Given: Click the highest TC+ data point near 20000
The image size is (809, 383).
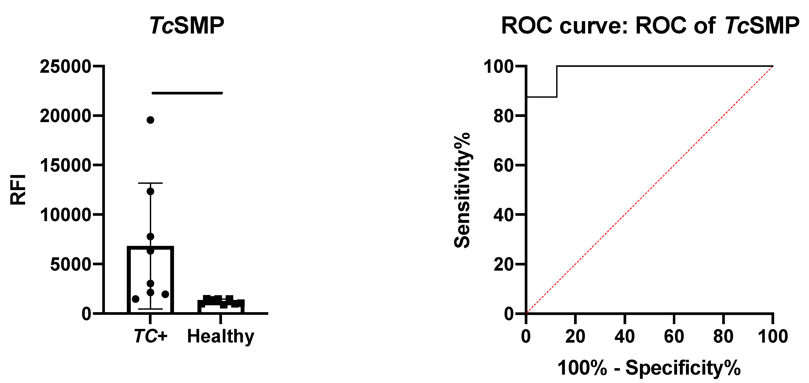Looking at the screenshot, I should tap(150, 120).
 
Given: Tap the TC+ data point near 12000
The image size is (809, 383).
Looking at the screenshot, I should tap(150, 191).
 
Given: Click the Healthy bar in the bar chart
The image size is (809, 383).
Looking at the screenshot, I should tap(221, 306).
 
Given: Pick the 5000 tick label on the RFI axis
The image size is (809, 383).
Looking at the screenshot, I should tap(70, 265).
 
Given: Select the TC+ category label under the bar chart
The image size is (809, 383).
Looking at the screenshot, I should tap(150, 336).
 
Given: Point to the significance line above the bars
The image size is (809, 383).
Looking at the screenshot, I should tap(187, 93).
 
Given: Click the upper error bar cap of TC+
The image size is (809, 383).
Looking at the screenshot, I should tap(150, 183).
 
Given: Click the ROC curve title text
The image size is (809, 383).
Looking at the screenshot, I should tap(650, 25).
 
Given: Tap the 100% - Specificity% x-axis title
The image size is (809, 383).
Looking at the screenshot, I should tap(649, 368).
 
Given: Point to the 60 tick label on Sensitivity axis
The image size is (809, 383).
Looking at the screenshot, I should tap(503, 166).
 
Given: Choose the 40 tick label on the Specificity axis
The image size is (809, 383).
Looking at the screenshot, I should tap(625, 336).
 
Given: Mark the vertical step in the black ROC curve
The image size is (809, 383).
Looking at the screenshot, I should tap(557, 82).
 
